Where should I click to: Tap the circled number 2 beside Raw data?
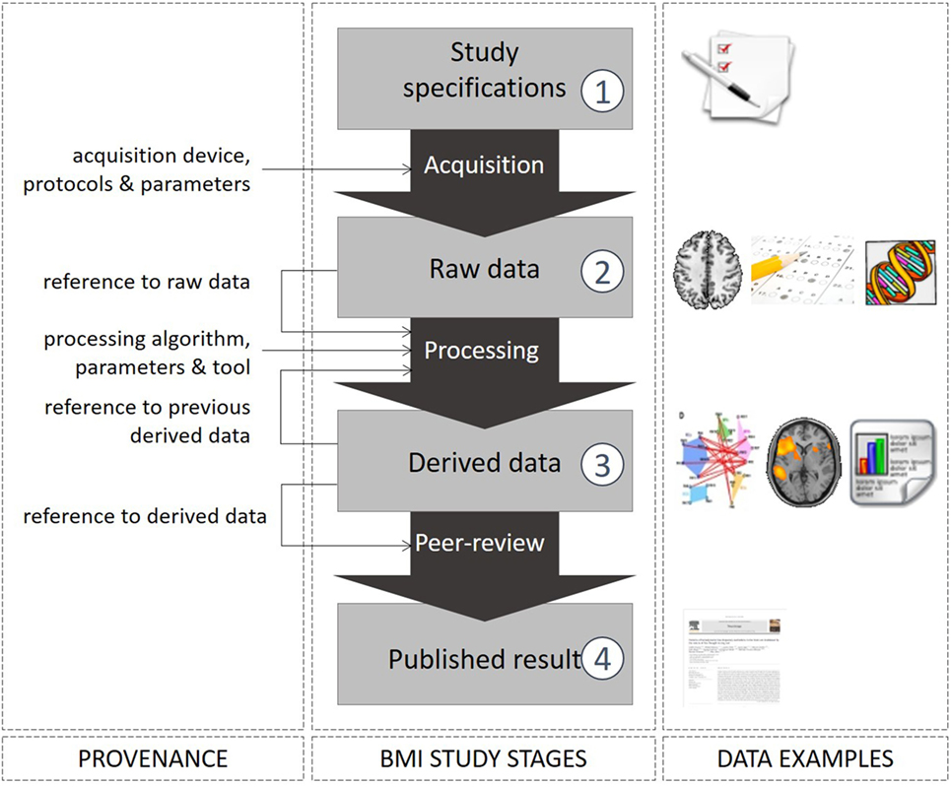click(602, 272)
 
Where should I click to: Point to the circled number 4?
click(602, 659)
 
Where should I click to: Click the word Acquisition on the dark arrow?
click(483, 164)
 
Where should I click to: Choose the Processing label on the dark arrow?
click(482, 351)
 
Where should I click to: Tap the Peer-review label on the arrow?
click(479, 543)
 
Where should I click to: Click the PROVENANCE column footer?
click(154, 758)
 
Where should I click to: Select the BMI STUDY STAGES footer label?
click(483, 758)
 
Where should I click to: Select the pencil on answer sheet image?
click(800, 270)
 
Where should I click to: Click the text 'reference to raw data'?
click(147, 282)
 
